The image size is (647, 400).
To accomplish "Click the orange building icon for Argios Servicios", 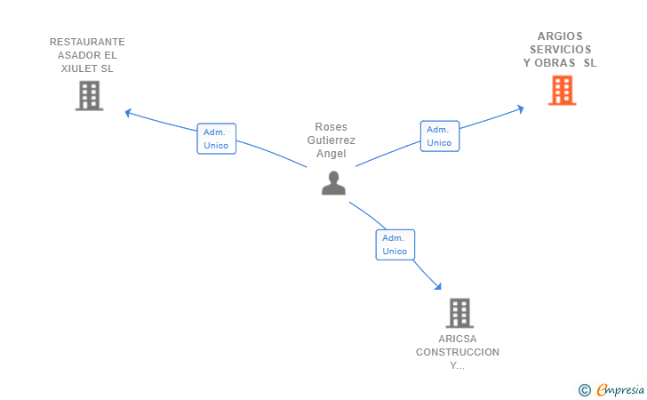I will pos(562,91).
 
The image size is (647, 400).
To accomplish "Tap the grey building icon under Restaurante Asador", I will pos(89,96).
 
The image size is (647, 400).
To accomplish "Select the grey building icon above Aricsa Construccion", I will pos(459,313).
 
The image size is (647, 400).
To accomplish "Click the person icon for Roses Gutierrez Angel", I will pos(333,183).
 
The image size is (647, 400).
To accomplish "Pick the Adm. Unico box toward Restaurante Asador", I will pos(216,139).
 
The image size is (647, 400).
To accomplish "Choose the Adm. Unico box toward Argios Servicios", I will pos(439,136).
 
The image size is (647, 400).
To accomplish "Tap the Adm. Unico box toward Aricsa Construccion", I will pos(395,244).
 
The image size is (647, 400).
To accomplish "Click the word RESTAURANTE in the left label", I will pos(87,42).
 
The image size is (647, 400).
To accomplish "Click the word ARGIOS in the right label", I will pos(560,36).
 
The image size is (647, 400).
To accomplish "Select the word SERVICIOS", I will pos(560,50).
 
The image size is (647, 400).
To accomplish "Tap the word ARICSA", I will pos(458,339).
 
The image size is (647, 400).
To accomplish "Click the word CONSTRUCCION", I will pos(458,352).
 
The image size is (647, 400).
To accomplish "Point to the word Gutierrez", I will pos(331,140).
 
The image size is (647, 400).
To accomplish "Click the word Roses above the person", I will pos(331,127).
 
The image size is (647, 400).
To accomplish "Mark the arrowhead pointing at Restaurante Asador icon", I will pos(128,112).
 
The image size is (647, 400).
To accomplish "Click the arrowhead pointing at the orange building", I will pos(520,109).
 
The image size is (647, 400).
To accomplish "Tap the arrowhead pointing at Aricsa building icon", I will pos(437,286).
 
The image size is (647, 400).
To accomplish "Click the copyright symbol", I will pos(585,389).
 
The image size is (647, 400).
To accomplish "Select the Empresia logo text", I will pos(620,389).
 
